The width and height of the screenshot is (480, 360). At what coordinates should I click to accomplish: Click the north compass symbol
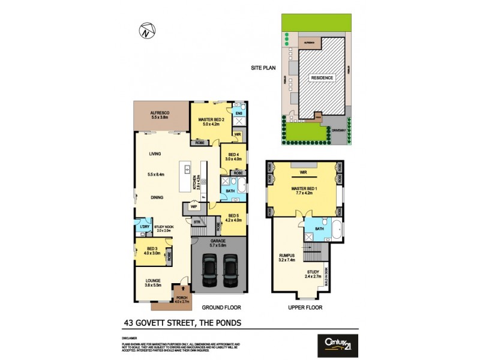145,30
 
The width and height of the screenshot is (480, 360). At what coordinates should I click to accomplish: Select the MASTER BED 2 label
211,119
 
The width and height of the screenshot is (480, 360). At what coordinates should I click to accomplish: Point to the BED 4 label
233,154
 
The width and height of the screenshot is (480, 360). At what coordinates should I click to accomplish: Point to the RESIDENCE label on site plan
322,78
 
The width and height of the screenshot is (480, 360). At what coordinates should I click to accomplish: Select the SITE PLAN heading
263,68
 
